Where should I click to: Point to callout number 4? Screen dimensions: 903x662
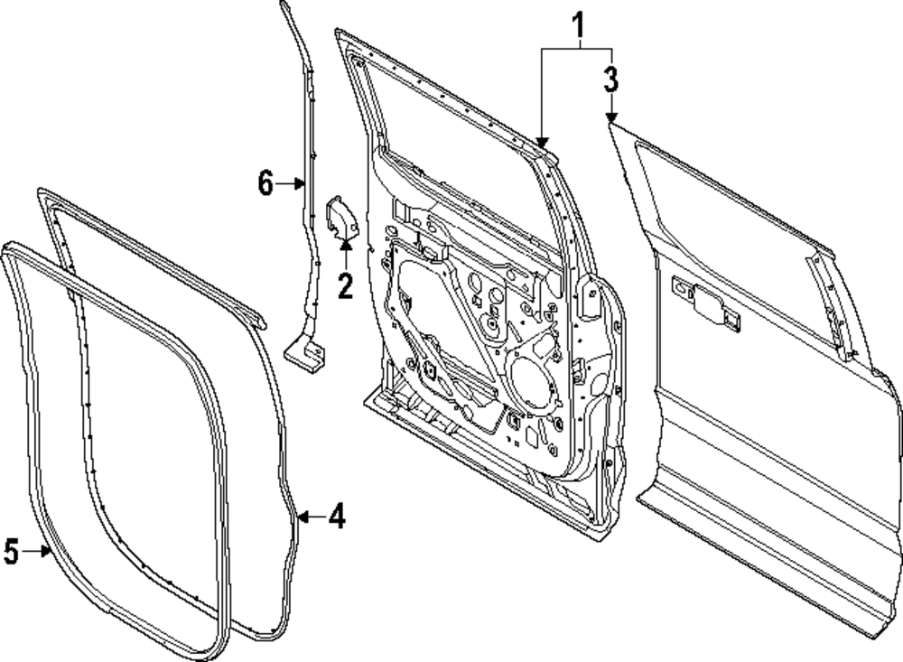click(x=336, y=517)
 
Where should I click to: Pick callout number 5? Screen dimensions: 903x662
click(x=11, y=552)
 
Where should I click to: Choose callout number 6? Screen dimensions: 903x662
click(x=265, y=184)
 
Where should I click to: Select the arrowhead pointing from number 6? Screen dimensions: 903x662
click(x=301, y=184)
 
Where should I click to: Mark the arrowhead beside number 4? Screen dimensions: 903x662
click(x=303, y=517)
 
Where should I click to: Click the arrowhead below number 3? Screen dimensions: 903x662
click(x=611, y=118)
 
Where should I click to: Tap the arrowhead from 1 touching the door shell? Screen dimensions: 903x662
click(x=542, y=140)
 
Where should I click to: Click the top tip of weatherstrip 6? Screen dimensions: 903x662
click(x=283, y=6)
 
